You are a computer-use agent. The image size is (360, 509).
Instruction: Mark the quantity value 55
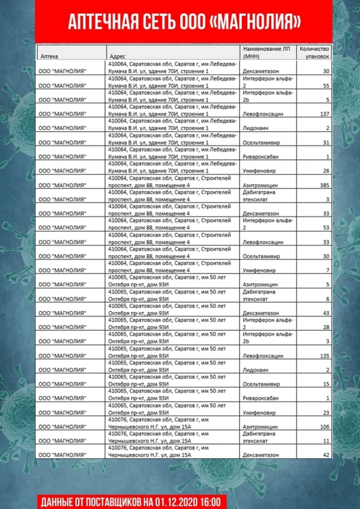(x=326, y=85)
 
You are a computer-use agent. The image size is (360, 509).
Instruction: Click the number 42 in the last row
(x=326, y=455)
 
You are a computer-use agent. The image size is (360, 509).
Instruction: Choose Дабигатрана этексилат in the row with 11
(x=259, y=437)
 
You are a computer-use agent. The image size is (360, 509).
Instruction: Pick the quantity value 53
(x=326, y=227)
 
